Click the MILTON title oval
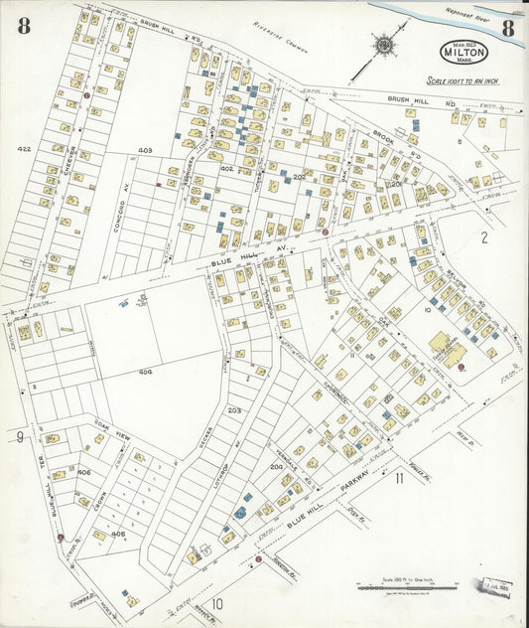tap(463, 53)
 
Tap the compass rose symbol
tap(383, 45)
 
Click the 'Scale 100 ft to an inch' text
tap(463, 80)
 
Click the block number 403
tap(145, 150)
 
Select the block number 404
tap(146, 372)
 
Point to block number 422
tap(25, 149)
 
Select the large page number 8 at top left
tap(22, 27)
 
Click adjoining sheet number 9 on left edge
tap(19, 437)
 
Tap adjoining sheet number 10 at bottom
tap(216, 602)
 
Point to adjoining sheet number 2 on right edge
tap(484, 236)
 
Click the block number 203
tap(234, 409)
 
